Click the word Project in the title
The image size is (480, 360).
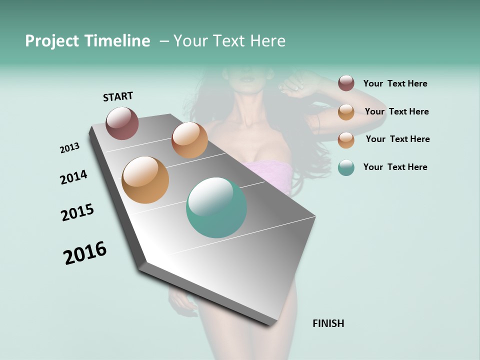[52, 41]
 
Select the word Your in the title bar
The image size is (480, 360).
[190, 41]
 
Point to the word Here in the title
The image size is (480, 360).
[267, 41]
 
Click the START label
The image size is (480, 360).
[118, 96]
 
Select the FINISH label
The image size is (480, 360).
[328, 323]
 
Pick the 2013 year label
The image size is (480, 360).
[70, 148]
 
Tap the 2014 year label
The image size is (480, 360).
[73, 177]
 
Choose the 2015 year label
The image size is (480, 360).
[77, 212]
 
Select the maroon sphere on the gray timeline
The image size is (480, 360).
[122, 123]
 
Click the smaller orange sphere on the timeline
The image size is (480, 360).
[189, 140]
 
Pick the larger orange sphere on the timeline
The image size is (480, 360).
[145, 179]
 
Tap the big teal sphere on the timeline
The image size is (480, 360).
[216, 207]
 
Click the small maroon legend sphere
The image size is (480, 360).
[346, 83]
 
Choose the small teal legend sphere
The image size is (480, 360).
[346, 167]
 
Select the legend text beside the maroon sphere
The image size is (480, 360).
[395, 84]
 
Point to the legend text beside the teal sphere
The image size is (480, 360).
[395, 167]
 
